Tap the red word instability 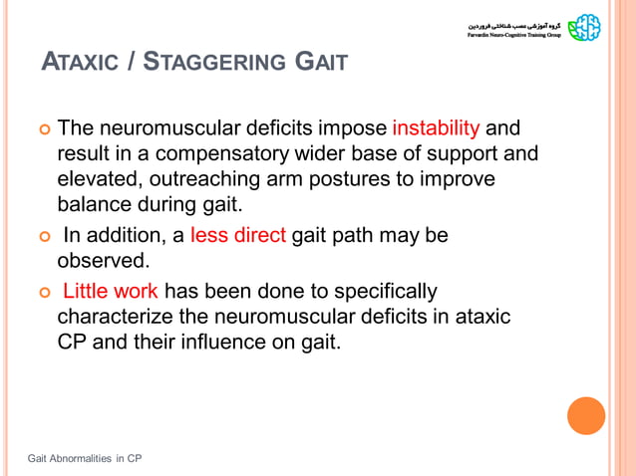[436, 129]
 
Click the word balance [99, 205]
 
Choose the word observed [103, 261]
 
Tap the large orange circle [586, 415]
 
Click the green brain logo [585, 27]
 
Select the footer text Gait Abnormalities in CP [85, 458]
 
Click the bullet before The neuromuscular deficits [43, 130]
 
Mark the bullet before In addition [43, 237]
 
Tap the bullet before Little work [43, 293]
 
